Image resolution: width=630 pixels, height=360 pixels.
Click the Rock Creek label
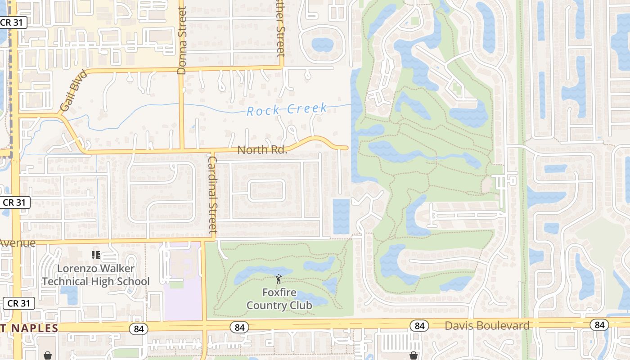coord(287,109)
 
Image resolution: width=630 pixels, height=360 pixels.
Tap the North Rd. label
coord(262,150)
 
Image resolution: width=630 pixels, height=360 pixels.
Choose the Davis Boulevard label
coord(487,326)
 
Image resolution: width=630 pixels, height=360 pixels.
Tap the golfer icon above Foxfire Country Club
coord(279,279)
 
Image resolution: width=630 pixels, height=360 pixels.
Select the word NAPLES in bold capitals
coord(35,328)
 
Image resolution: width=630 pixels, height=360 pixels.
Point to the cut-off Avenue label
coord(17,243)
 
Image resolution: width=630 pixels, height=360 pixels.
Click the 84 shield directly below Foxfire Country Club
coord(239,328)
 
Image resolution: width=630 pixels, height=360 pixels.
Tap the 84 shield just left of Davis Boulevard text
coord(419,325)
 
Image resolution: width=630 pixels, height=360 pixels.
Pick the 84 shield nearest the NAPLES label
coord(139,329)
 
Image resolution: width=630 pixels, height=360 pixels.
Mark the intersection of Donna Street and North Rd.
coord(182,150)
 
